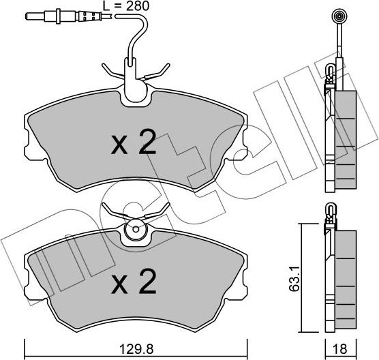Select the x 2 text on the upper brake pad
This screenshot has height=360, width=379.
coord(134,144)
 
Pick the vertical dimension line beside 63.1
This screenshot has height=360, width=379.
coord(301,273)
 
